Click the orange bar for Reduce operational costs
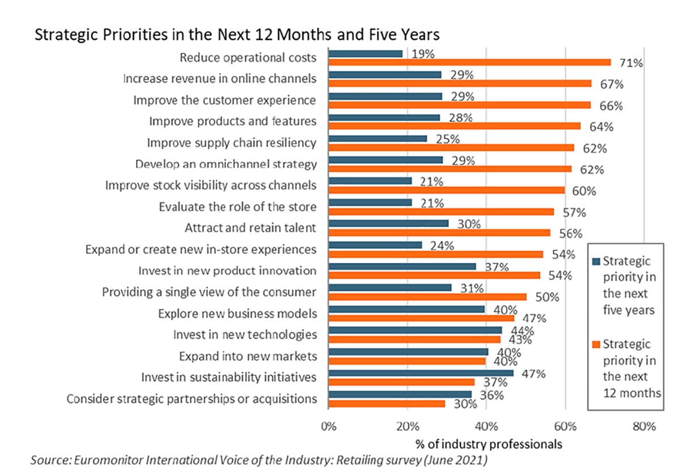click(470, 62)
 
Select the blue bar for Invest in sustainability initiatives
click(421, 373)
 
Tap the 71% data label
click(631, 63)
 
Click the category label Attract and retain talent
click(250, 228)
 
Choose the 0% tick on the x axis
click(329, 427)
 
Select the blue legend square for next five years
click(596, 262)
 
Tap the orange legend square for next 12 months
click(596, 345)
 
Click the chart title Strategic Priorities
click(237, 35)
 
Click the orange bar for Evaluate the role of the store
click(441, 211)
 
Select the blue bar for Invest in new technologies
click(415, 330)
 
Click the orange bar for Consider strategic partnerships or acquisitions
click(386, 403)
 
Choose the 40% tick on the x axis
click(486, 427)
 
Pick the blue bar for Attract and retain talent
click(388, 223)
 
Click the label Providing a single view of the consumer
click(209, 292)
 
